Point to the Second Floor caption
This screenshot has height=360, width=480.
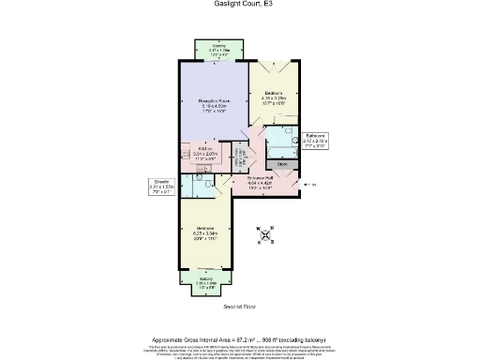[240, 307]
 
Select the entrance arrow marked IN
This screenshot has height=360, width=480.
[312, 186]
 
